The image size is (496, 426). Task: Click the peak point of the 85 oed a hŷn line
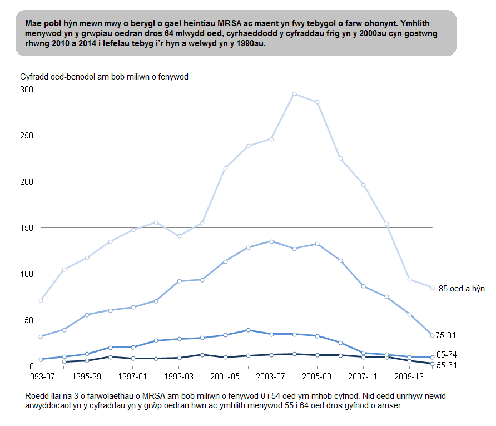pyautogui.click(x=294, y=94)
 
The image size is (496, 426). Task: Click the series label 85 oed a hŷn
pyautogui.click(x=462, y=288)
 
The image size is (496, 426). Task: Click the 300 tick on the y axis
pyautogui.click(x=27, y=90)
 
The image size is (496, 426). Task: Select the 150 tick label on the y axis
pyautogui.click(x=27, y=228)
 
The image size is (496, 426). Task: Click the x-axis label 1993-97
pyautogui.click(x=41, y=377)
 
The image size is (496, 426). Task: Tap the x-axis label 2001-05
pyautogui.click(x=225, y=377)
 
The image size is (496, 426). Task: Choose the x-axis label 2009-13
pyautogui.click(x=409, y=377)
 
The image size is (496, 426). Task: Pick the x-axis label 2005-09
pyautogui.click(x=317, y=377)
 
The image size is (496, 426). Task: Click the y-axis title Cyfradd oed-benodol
pyautogui.click(x=104, y=77)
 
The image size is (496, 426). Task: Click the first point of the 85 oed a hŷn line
pyautogui.click(x=41, y=300)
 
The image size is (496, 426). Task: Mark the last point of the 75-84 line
pyautogui.click(x=432, y=335)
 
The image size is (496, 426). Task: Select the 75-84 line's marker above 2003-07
pyautogui.click(x=271, y=241)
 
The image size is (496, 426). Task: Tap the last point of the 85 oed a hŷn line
pyautogui.click(x=432, y=288)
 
